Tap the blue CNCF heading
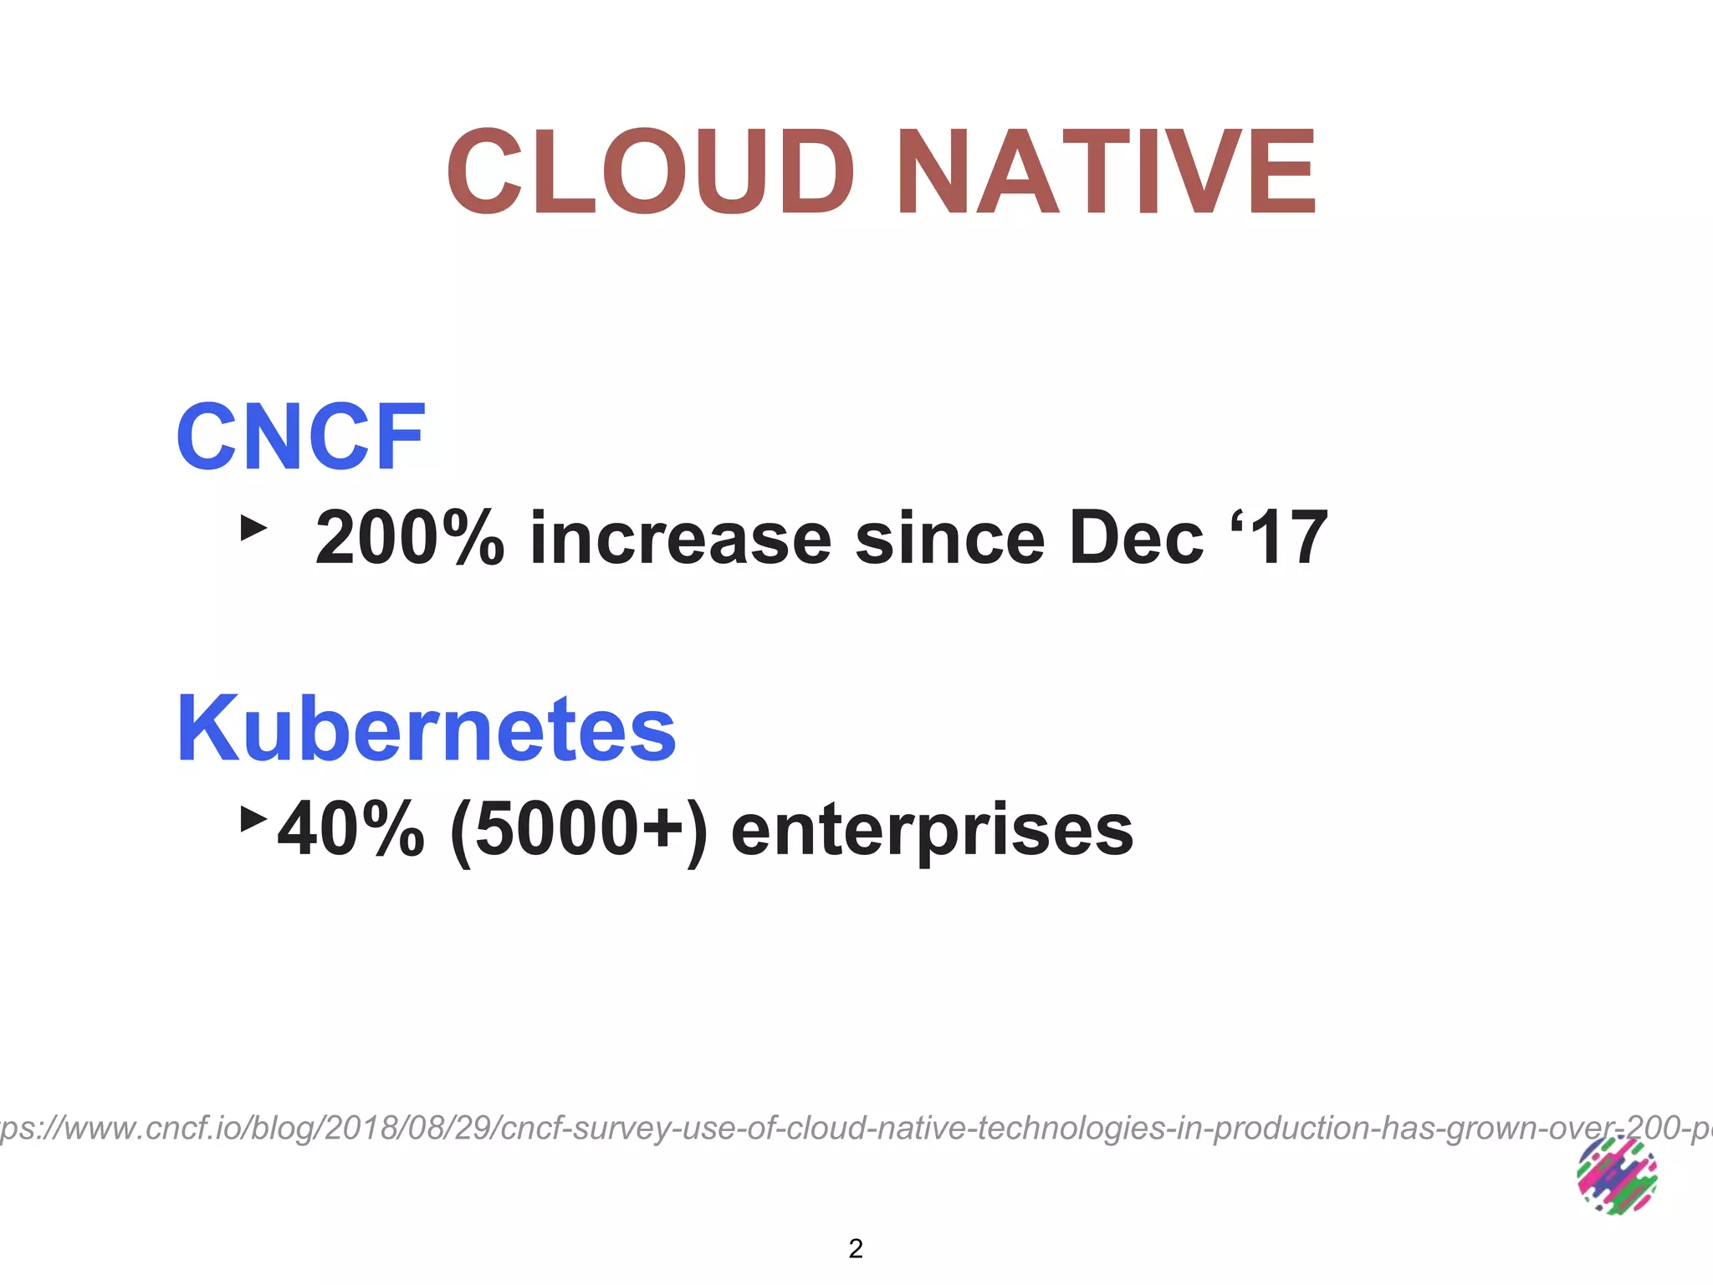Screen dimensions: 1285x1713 [x=300, y=437]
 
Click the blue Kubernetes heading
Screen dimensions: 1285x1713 [x=426, y=729]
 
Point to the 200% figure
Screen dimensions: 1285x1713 [x=410, y=538]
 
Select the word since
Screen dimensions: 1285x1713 [x=949, y=538]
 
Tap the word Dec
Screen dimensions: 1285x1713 [x=1137, y=538]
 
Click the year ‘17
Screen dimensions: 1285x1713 [x=1280, y=538]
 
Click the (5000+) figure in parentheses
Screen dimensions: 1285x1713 [x=578, y=829]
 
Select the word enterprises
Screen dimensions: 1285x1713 [x=932, y=829]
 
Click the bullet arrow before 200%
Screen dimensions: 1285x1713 [x=253, y=528]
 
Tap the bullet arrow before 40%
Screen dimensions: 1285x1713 [x=253, y=819]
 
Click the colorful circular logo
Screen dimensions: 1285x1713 [x=1616, y=1175]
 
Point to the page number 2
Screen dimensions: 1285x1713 [x=856, y=1248]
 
